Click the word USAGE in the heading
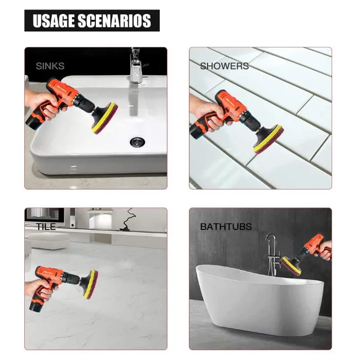(x=54, y=21)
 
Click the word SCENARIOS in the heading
(x=114, y=21)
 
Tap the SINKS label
(x=50, y=66)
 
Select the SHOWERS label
(x=224, y=66)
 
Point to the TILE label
(x=46, y=227)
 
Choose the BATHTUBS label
(x=226, y=227)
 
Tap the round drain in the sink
(x=137, y=141)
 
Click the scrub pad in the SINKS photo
(x=105, y=118)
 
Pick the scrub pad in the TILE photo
(x=90, y=284)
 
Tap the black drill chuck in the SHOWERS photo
(x=250, y=122)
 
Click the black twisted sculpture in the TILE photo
(x=128, y=220)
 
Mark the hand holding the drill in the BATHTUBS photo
(x=324, y=250)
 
